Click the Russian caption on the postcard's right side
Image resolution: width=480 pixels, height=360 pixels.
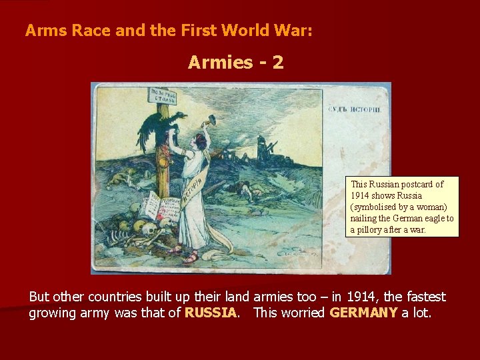pyautogui.click(x=355, y=109)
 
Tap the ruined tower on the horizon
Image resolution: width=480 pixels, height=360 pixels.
pyautogui.click(x=263, y=146)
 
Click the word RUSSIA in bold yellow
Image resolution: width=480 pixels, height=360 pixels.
pyautogui.click(x=211, y=313)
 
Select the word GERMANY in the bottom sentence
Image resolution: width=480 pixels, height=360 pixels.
pyautogui.click(x=363, y=313)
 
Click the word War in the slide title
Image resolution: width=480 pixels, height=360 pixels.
pyautogui.click(x=291, y=30)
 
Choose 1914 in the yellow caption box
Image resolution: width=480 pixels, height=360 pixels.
pyautogui.click(x=361, y=195)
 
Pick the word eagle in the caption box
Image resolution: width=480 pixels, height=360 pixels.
pyautogui.click(x=435, y=218)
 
